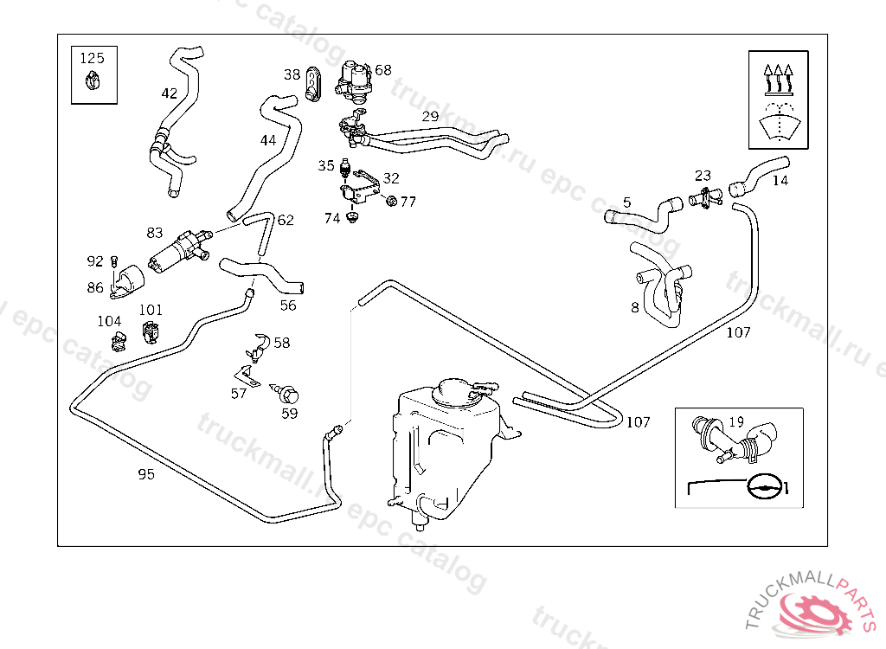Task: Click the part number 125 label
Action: click(x=93, y=59)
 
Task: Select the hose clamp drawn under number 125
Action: click(x=93, y=82)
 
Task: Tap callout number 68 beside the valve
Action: click(x=383, y=70)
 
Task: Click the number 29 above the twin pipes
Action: click(x=431, y=116)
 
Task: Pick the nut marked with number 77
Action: click(x=390, y=202)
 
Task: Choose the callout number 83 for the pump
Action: click(x=155, y=232)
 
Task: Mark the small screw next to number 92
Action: click(x=114, y=260)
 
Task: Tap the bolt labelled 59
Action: click(x=291, y=395)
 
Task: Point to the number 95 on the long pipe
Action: click(x=146, y=473)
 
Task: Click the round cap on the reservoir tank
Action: click(x=455, y=391)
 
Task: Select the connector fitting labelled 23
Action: click(x=706, y=199)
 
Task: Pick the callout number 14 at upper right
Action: click(x=780, y=181)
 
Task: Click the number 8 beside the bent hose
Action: click(x=635, y=307)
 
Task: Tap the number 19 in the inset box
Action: click(x=736, y=422)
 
